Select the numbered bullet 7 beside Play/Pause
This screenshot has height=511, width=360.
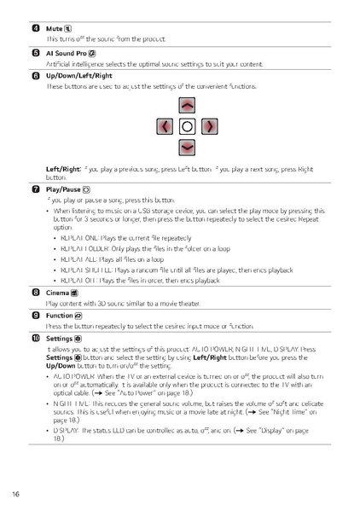click(36, 188)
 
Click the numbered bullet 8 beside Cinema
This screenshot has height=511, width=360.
click(36, 292)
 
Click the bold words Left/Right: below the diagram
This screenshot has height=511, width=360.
click(64, 168)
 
